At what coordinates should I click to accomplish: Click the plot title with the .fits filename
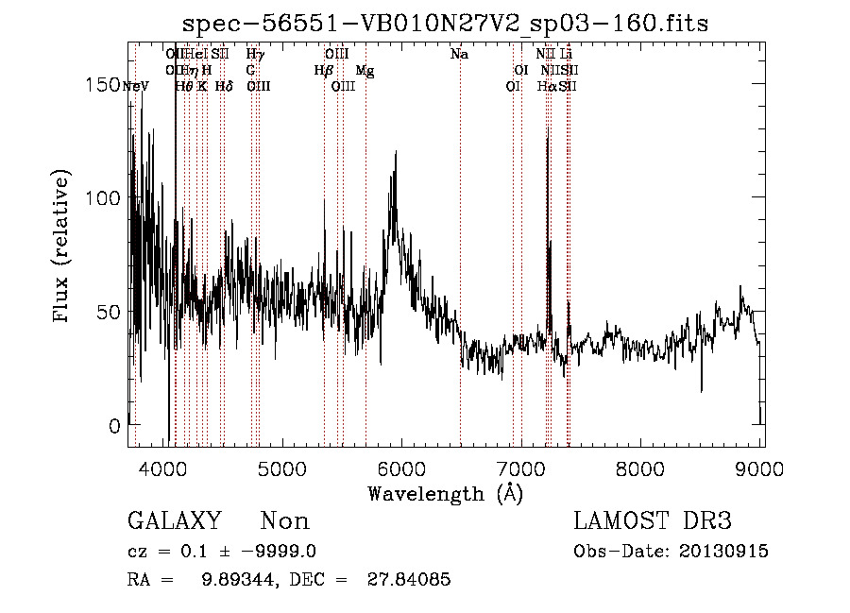(445, 22)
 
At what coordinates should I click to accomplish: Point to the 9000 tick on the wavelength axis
(761, 467)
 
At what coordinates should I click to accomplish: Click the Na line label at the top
(459, 55)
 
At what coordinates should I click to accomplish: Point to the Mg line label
(364, 71)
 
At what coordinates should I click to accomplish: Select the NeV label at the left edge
(135, 86)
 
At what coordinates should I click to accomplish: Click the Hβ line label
(323, 71)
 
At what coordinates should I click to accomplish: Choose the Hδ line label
(224, 86)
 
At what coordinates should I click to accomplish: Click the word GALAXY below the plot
(174, 521)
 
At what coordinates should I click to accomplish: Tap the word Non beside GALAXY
(284, 521)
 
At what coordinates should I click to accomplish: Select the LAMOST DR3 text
(653, 521)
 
